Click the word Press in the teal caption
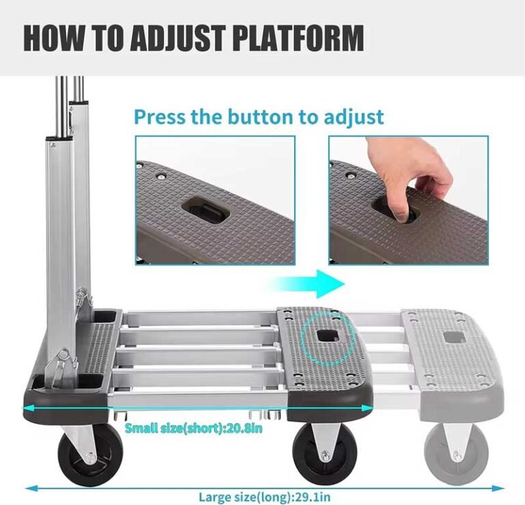[x=158, y=116]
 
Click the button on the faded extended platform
[x=453, y=337]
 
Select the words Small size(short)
[x=179, y=428]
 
